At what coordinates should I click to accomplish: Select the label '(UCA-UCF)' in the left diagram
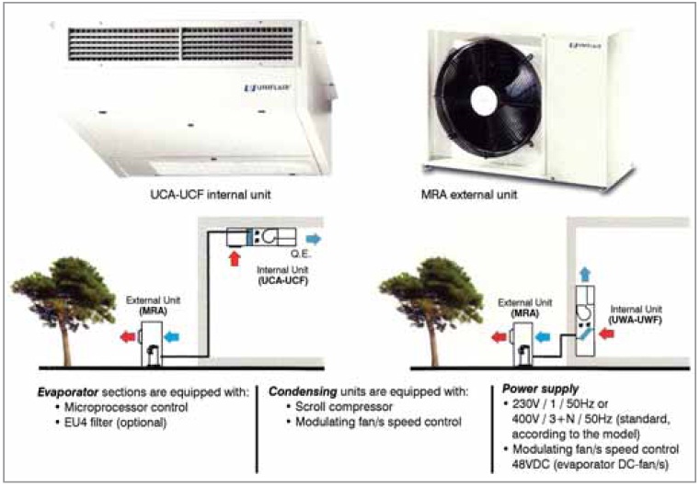click(281, 280)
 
